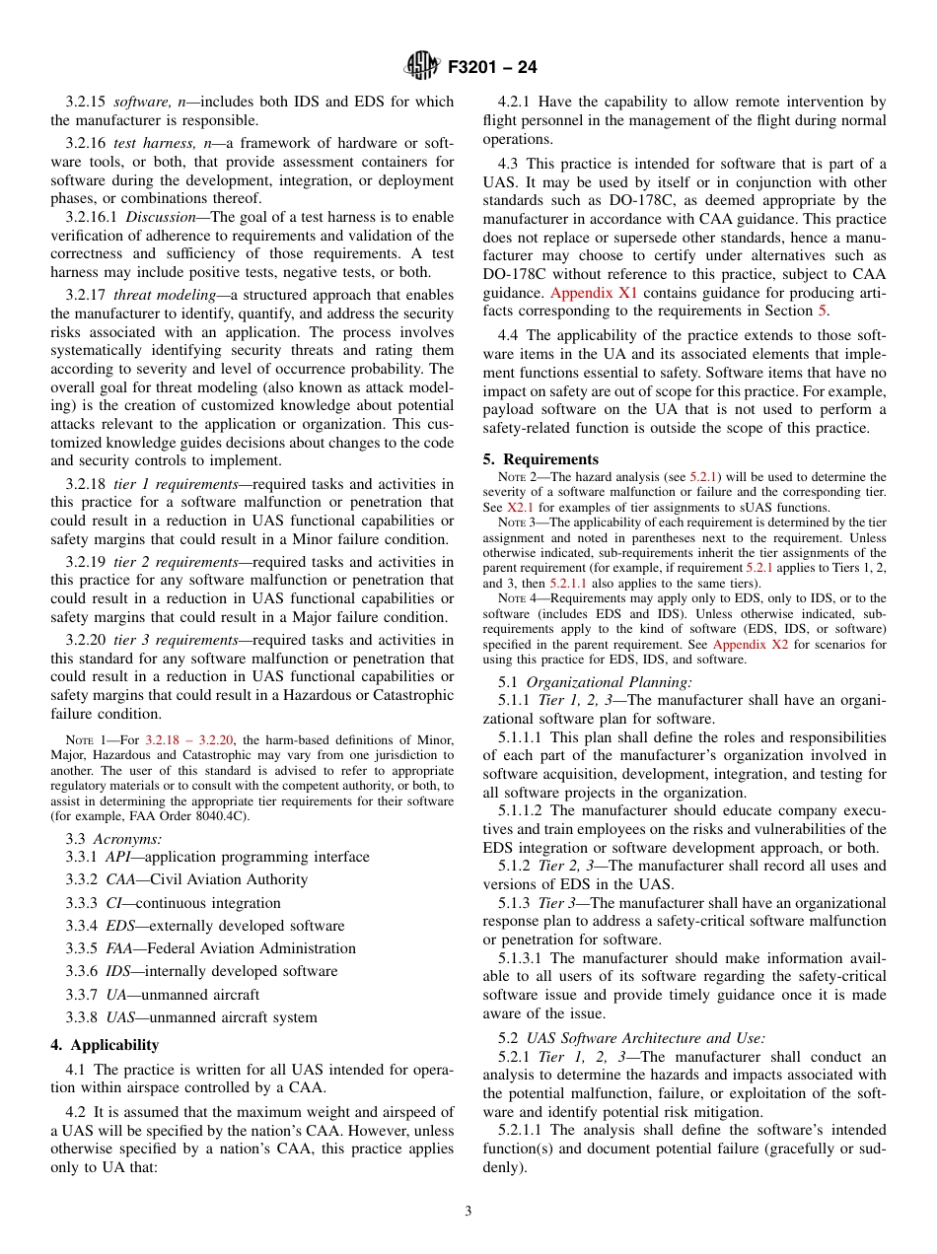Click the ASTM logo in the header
pyautogui.click(x=421, y=67)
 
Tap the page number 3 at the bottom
pyautogui.click(x=468, y=1212)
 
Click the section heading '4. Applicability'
pyautogui.click(x=105, y=1045)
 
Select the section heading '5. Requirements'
pyautogui.click(x=541, y=459)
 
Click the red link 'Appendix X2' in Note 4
pyautogui.click(x=747, y=645)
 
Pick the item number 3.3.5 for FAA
pyautogui.click(x=81, y=948)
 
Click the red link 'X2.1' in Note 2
pyautogui.click(x=520, y=507)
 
